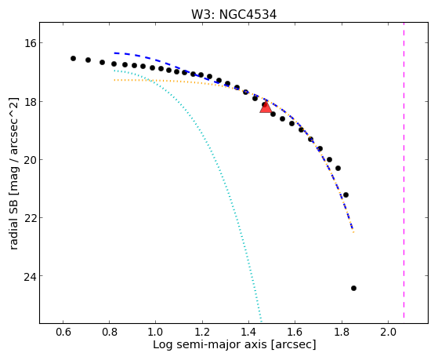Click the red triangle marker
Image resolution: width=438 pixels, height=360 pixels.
click(266, 107)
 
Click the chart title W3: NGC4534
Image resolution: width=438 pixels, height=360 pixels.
click(233, 15)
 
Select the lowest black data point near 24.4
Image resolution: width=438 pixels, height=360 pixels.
click(353, 288)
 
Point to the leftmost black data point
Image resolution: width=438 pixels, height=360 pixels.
click(73, 59)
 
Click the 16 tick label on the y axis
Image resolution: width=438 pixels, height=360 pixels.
click(29, 43)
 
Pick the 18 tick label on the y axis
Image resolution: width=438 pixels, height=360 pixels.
click(29, 101)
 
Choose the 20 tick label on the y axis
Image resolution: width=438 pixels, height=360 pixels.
click(29, 159)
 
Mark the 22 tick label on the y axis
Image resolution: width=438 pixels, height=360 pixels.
click(29, 217)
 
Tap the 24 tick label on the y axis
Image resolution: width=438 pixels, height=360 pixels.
click(29, 276)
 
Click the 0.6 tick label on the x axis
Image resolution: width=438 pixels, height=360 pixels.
click(63, 332)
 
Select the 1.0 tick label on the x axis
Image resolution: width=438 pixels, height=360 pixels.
click(156, 332)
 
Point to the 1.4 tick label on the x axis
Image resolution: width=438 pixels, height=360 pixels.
click(248, 332)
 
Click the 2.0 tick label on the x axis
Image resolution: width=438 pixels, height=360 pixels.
click(388, 332)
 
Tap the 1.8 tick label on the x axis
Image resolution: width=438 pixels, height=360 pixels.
click(342, 332)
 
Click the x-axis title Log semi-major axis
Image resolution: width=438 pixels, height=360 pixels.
click(209, 344)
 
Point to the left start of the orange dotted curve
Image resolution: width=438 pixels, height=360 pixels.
click(114, 80)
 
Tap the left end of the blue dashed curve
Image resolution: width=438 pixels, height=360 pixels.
click(114, 53)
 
